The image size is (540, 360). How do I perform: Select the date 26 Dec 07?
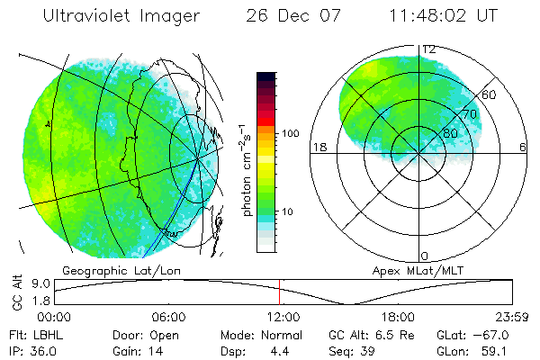tap(285, 15)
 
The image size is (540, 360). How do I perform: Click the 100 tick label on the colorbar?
tap(292, 133)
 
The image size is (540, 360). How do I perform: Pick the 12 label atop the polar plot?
tap(429, 49)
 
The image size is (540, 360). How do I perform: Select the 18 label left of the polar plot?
tap(317, 148)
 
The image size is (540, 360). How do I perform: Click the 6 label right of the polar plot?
tap(524, 148)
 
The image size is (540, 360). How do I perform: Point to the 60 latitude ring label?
tap(490, 95)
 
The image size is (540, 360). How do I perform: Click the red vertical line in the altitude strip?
tap(280, 292)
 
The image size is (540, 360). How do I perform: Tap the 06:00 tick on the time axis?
tap(168, 317)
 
